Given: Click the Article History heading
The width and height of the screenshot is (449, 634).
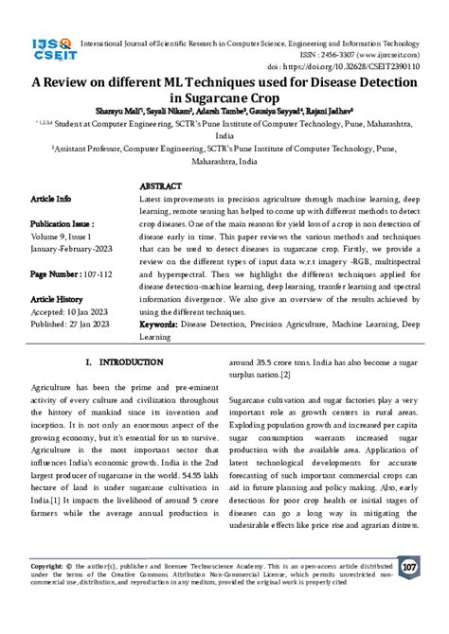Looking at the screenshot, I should pos(58,297).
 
